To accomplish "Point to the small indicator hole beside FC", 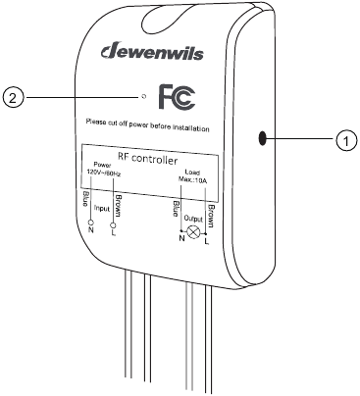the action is pos(143,98).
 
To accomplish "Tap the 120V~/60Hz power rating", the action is pos(104,172).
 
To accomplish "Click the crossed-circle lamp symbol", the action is pos(193,233).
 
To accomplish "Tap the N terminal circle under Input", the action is pos(90,223).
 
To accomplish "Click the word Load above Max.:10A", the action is pos(193,170).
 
